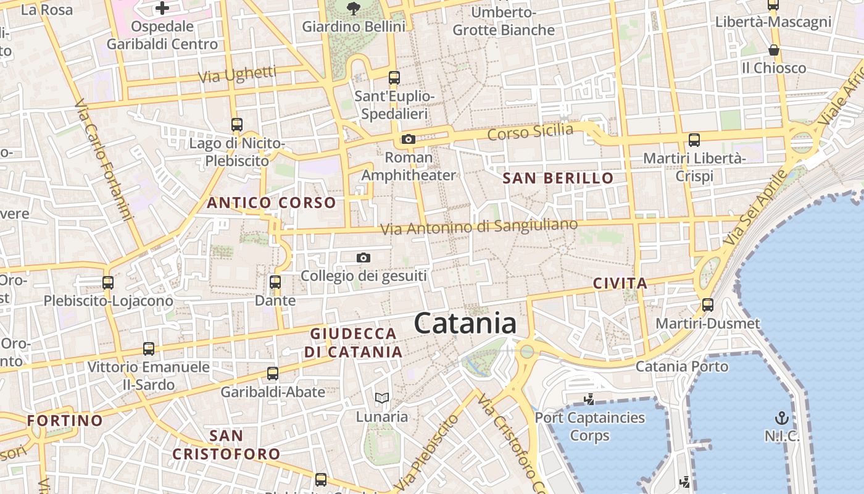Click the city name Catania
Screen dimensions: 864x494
point(465,324)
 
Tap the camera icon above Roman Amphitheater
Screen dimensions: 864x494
point(408,139)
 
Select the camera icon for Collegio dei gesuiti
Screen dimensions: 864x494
point(363,257)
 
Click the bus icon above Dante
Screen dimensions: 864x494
point(275,282)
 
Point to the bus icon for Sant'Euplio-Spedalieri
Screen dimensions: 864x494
point(394,78)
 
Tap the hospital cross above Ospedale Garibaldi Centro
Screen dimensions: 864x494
point(162,8)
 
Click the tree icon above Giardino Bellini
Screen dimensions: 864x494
point(354,8)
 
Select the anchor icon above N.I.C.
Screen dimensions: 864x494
point(782,417)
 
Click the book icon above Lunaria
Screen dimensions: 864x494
point(382,398)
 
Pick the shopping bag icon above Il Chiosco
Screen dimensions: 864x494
point(774,49)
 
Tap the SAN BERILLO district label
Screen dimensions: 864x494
point(559,178)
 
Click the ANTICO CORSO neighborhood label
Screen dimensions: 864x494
point(272,203)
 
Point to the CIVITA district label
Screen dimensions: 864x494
point(620,283)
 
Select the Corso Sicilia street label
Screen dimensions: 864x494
point(530,132)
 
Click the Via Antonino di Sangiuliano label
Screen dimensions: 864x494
point(479,227)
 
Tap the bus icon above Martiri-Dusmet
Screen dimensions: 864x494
point(708,304)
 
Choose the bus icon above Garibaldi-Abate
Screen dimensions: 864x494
point(273,373)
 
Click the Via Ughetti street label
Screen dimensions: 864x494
point(237,75)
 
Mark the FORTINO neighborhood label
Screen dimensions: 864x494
point(65,421)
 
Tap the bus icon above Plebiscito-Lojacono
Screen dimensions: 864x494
point(108,282)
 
